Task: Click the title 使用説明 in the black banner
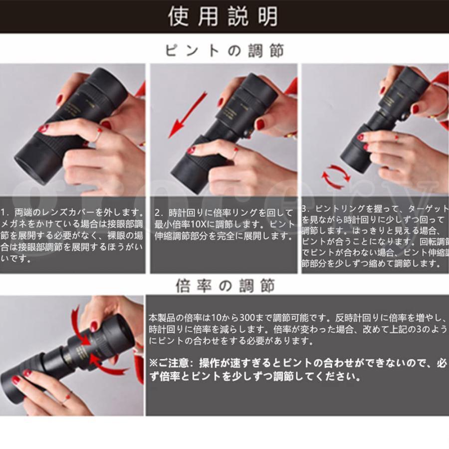[223, 16]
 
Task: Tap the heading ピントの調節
[224, 51]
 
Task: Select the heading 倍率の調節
[225, 285]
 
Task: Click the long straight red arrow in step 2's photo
[187, 115]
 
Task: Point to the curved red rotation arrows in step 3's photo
[336, 176]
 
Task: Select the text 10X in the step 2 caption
[198, 224]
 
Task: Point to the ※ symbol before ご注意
[154, 363]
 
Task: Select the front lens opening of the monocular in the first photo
[31, 169]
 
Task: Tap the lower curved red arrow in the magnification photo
[107, 365]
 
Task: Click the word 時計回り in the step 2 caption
[183, 213]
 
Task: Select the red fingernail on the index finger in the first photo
[43, 128]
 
